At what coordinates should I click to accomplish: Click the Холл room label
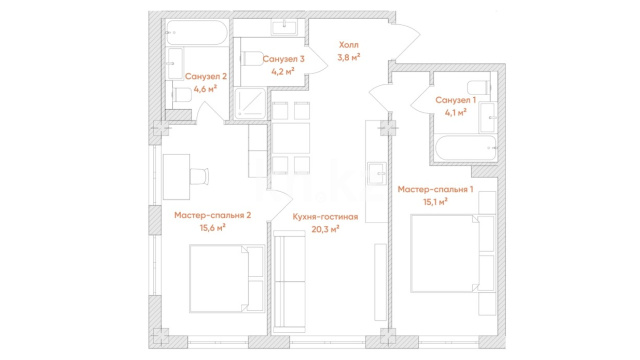(x=349, y=44)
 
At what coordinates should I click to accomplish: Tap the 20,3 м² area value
(x=325, y=229)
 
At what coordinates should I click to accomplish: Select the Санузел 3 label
(x=283, y=59)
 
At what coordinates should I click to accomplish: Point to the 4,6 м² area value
(x=205, y=89)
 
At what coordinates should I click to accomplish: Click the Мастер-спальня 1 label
(x=436, y=189)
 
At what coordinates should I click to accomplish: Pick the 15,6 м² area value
(x=213, y=228)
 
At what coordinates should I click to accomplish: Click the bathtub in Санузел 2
(x=196, y=32)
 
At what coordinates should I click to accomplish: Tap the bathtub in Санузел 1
(x=467, y=148)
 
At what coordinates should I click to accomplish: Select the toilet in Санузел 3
(x=250, y=58)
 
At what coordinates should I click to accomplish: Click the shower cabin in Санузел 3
(x=250, y=103)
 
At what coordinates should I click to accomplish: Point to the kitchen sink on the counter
(x=376, y=173)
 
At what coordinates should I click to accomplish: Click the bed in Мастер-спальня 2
(x=227, y=279)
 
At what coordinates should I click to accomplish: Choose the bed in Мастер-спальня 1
(x=453, y=253)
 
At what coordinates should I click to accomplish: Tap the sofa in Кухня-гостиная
(x=289, y=281)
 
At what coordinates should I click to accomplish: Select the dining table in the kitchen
(x=291, y=138)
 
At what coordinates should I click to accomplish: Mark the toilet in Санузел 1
(x=478, y=87)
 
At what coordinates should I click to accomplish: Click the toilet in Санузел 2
(x=182, y=96)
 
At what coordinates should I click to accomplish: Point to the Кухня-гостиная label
(x=325, y=217)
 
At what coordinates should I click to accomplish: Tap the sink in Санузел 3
(x=284, y=27)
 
